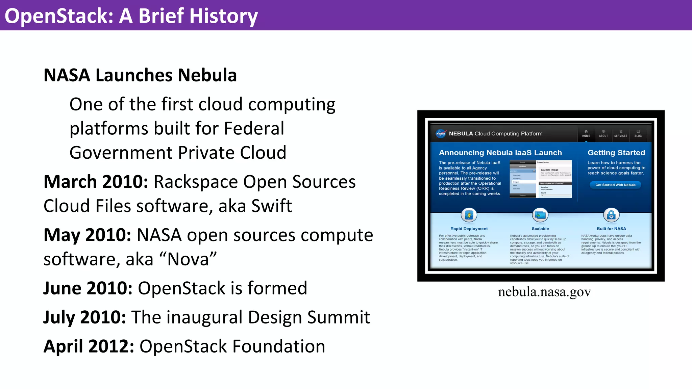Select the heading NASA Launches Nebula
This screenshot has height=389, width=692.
140,75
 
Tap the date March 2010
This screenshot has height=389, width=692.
96,182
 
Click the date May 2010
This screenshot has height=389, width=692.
87,235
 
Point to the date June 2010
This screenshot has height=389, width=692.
88,288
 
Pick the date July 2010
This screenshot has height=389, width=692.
84,317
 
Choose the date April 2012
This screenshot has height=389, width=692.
89,346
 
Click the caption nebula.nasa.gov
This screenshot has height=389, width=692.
544,292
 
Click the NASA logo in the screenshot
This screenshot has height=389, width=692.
441,134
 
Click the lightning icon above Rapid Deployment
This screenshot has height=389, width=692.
469,215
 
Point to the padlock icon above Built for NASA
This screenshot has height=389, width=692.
611,215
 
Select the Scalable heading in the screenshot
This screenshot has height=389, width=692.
540,229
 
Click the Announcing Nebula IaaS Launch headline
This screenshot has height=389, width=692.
500,153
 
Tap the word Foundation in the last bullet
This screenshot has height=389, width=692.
278,346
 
